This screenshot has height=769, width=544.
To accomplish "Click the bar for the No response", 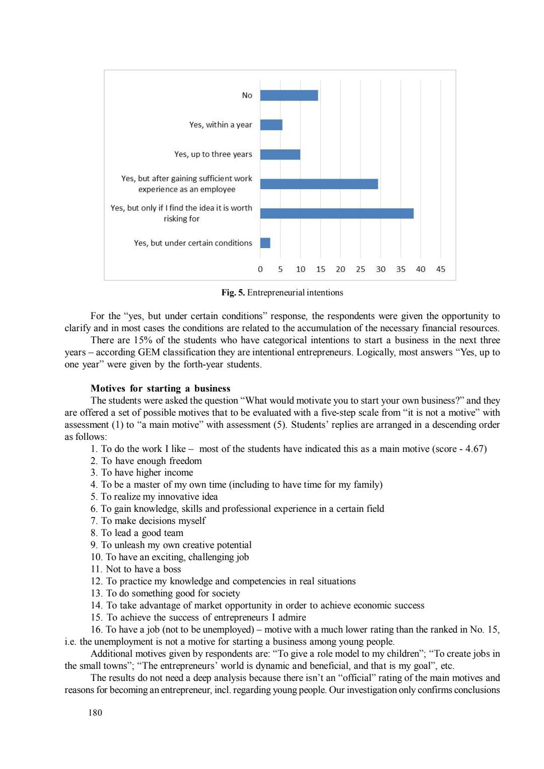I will pyautogui.click(x=289, y=96).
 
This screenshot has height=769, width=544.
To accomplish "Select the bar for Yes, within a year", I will pyautogui.click(x=271, y=125).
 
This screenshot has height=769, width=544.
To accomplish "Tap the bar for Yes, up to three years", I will pyautogui.click(x=280, y=155).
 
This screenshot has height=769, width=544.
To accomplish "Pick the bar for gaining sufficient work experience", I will pyautogui.click(x=319, y=184).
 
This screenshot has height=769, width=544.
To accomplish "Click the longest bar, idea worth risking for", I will pyautogui.click(x=336, y=213).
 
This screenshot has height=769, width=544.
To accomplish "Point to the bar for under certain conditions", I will pyautogui.click(x=265, y=243).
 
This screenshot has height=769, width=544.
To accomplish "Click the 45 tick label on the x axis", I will pyautogui.click(x=441, y=269).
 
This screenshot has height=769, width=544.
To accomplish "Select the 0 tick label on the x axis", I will pyautogui.click(x=260, y=269).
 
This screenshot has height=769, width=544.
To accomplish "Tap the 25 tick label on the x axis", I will pyautogui.click(x=361, y=269).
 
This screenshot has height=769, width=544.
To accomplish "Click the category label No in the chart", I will pyautogui.click(x=247, y=96).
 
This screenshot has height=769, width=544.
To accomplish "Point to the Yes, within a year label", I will pyautogui.click(x=221, y=125).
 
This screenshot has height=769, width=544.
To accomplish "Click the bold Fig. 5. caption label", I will pyautogui.click(x=233, y=293).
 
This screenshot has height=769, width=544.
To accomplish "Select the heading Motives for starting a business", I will pyautogui.click(x=160, y=389).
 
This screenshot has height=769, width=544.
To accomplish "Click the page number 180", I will pyautogui.click(x=95, y=713).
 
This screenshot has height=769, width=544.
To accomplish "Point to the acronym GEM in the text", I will pyautogui.click(x=149, y=352).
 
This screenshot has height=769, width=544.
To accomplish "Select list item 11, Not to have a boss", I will pyautogui.click(x=136, y=569).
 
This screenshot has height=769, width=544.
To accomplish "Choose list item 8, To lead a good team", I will pyautogui.click(x=137, y=533).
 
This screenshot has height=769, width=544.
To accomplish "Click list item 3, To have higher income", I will pyautogui.click(x=142, y=473).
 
